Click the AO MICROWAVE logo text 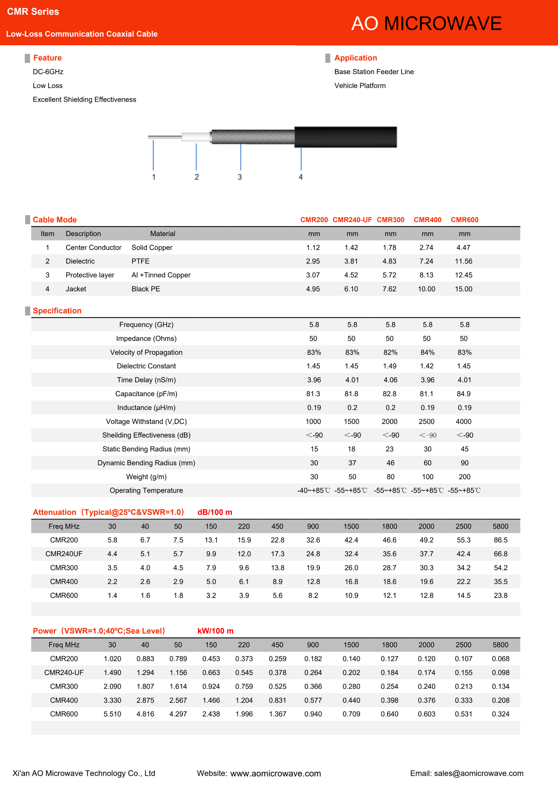pyautogui.click(x=426, y=24)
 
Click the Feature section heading pyautogui.click(x=47, y=58)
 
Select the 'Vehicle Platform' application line pyautogui.click(x=360, y=86)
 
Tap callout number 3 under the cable pyautogui.click(x=240, y=177)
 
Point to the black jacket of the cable pyautogui.click(x=345, y=137)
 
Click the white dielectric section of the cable pyautogui.click(x=196, y=137)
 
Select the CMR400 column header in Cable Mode pyautogui.click(x=427, y=220)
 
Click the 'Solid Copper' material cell pyautogui.click(x=152, y=248)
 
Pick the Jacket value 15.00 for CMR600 pyautogui.click(x=464, y=289)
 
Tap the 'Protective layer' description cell pyautogui.click(x=90, y=275)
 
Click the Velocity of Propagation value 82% pyautogui.click(x=390, y=352)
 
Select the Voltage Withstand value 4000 pyautogui.click(x=464, y=421)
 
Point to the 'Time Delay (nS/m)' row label pyautogui.click(x=146, y=380)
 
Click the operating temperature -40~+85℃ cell pyautogui.click(x=313, y=490)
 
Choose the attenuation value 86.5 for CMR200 pyautogui.click(x=501, y=540)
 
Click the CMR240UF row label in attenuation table pyautogui.click(x=64, y=554)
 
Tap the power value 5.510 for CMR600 pyautogui.click(x=112, y=714)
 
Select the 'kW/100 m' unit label pyautogui.click(x=215, y=631)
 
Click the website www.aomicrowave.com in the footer pyautogui.click(x=275, y=774)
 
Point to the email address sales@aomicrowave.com pyautogui.click(x=479, y=773)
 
